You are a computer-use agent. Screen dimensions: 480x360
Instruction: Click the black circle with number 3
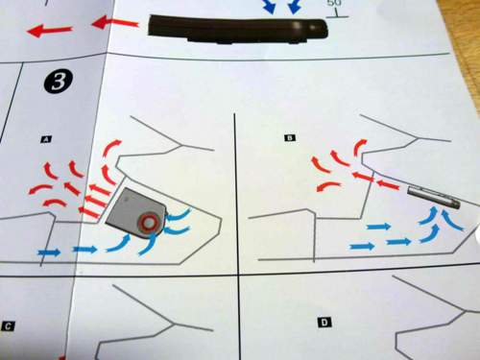coord(59,82)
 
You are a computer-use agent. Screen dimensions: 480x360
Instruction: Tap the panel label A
coord(47,139)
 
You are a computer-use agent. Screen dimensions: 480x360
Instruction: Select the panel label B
coord(290,138)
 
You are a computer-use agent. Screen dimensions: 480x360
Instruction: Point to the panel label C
coord(8,326)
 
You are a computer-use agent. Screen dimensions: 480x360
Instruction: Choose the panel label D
coord(324,323)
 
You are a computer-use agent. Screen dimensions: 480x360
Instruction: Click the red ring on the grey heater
coord(148,222)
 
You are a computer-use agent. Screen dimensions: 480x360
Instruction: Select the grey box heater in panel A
coord(135,213)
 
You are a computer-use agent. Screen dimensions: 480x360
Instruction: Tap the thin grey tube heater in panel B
coord(434,198)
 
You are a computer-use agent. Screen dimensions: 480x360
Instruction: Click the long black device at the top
coord(238,30)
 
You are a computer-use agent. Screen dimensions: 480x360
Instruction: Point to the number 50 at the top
coord(334,3)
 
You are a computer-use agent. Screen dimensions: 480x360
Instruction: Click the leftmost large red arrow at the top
coord(50,31)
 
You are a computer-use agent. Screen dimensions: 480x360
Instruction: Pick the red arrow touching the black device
coord(116,23)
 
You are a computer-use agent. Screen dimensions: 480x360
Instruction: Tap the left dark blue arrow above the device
coord(270,7)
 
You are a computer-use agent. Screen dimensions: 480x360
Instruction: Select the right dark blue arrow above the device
coord(295,7)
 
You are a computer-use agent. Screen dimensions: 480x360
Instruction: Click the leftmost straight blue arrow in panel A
coord(49,252)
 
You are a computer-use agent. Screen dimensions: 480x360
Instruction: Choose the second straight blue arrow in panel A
coord(84,249)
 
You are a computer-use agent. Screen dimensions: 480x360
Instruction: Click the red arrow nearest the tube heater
coord(388,184)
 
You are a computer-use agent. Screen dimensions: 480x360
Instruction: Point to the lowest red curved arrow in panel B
coord(328,185)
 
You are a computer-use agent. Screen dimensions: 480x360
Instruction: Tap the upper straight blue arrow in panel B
coord(378,227)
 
